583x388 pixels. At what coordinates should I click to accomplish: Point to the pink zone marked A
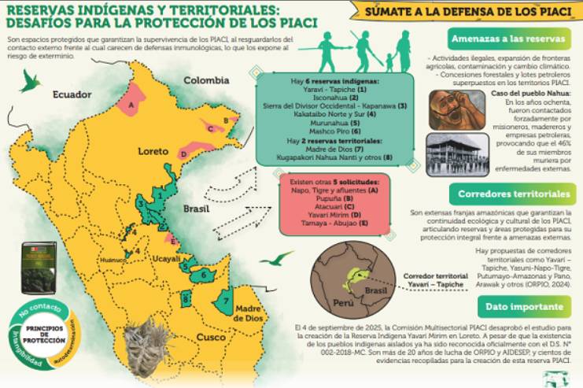coord(133,101)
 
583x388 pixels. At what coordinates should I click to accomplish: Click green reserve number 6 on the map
coord(206,275)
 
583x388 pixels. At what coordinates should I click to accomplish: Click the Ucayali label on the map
coord(167,258)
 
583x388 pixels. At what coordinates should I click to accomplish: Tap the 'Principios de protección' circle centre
coord(41,332)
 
